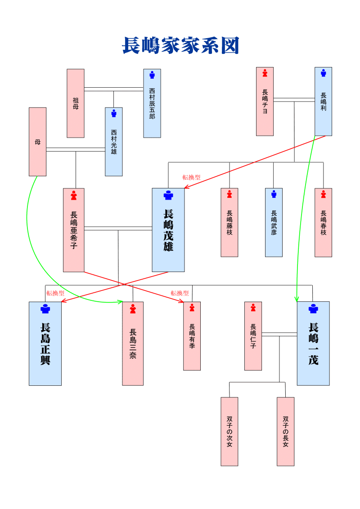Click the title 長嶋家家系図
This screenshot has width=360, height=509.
click(180, 46)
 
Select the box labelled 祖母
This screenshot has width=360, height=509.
click(76, 103)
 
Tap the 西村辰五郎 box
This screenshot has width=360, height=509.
click(152, 103)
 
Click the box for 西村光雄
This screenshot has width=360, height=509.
click(114, 142)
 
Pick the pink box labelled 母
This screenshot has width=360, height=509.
click(38, 142)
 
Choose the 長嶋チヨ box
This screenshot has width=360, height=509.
click(265, 101)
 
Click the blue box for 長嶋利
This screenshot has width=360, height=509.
click(323, 101)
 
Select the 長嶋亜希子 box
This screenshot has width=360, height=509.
click(74, 230)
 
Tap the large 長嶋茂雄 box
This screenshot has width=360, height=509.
click(168, 230)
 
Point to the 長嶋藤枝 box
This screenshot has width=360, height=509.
click(229, 223)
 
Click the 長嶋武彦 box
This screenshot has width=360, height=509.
click(274, 223)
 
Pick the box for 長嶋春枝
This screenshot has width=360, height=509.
click(323, 223)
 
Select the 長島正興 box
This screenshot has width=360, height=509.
click(45, 344)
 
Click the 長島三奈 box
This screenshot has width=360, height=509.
click(133, 344)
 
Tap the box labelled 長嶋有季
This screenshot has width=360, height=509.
click(192, 336)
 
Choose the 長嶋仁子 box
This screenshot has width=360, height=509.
click(253, 336)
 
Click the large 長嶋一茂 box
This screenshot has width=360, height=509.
click(313, 344)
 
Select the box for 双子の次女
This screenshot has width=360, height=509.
click(229, 431)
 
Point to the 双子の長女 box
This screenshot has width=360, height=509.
click(285, 431)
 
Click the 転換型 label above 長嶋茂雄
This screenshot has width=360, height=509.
click(191, 178)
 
